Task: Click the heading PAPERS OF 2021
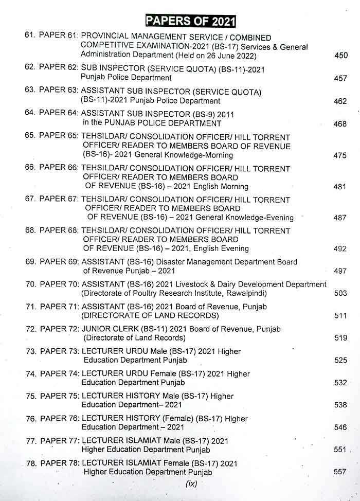coord(190,21)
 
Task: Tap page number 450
coord(340,56)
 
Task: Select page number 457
coord(340,79)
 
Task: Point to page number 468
coord(340,124)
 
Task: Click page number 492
coord(340,248)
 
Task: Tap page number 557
coord(340,472)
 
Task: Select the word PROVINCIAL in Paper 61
coord(106,37)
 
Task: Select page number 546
coord(340,427)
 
